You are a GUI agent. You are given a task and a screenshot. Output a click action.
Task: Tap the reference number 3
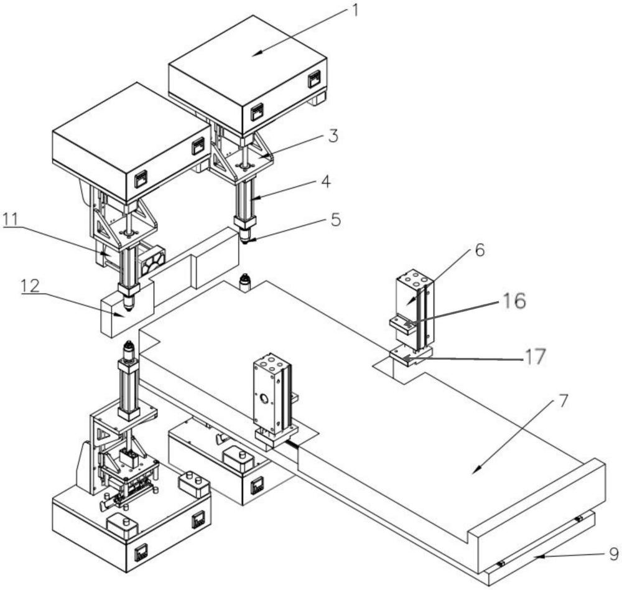[333, 136]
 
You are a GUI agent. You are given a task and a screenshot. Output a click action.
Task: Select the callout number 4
[325, 182]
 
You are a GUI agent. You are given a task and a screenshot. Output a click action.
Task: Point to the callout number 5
[336, 219]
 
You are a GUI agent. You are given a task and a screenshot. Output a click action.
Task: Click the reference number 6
[480, 250]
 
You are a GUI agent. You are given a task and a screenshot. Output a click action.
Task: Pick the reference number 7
[563, 402]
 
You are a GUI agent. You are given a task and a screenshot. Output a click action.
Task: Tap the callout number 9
[613, 554]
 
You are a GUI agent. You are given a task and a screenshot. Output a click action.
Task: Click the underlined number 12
[30, 286]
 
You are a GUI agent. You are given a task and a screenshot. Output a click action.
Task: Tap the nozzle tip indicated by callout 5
[244, 241]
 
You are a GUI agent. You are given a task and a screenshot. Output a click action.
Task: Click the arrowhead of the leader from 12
[120, 315]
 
